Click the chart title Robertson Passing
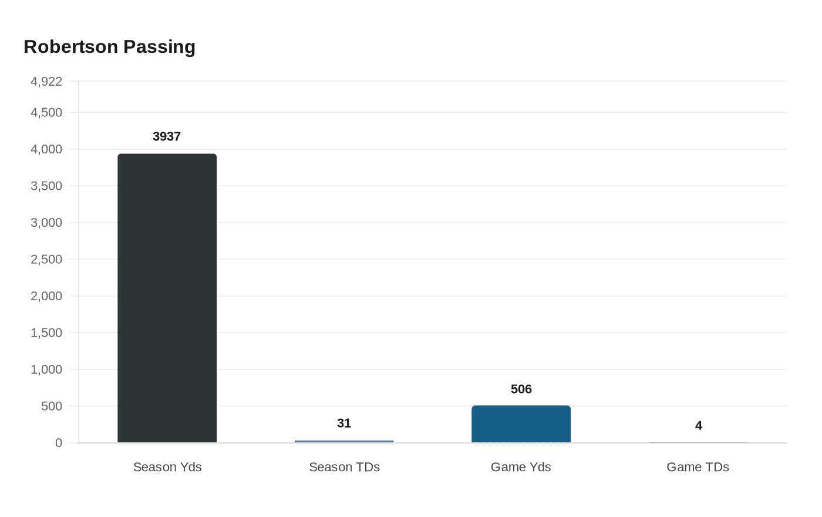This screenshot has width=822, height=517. point(109,47)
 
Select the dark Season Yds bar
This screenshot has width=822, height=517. point(167,298)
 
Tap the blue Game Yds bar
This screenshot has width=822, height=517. point(521,424)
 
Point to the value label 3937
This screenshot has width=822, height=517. point(167,136)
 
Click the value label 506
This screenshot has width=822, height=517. point(521,389)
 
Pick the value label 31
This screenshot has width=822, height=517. point(344,423)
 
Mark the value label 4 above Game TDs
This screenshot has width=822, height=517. point(699,425)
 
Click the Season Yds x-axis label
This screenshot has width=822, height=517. point(167,467)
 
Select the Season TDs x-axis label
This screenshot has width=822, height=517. point(344,467)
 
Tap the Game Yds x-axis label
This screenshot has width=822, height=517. point(521,467)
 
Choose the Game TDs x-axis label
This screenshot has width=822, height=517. point(698,467)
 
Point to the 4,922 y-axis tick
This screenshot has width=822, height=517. point(46,82)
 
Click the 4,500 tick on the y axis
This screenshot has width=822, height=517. point(46,112)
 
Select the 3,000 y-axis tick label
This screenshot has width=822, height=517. point(46,223)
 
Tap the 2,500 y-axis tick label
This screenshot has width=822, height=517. point(46,259)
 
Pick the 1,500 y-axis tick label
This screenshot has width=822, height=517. point(46,333)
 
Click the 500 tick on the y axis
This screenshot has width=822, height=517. point(51,406)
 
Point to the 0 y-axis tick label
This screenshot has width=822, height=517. point(59,443)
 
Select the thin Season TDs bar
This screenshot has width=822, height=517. point(344,441)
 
